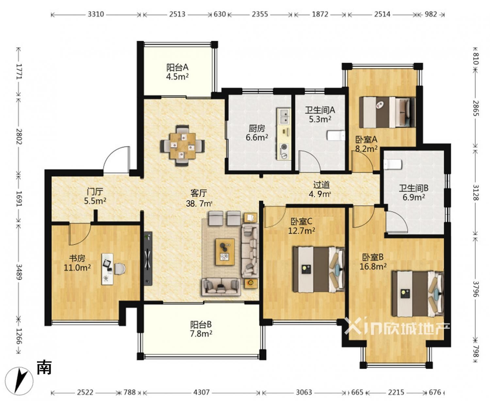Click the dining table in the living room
[x=183, y=146]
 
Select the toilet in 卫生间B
[x=393, y=164]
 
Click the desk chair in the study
[x=120, y=269]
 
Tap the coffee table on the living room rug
[x=225, y=252]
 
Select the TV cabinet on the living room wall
[x=148, y=258]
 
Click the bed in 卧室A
[x=387, y=112]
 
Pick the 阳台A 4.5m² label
[x=177, y=72]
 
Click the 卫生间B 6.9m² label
[x=414, y=192]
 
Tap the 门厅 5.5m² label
[x=95, y=196]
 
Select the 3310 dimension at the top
[x=96, y=14]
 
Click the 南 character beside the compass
[x=44, y=367]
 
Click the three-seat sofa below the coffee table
[x=221, y=286]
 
